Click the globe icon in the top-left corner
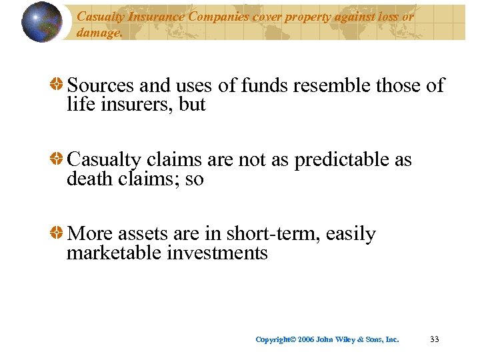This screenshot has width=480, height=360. click(41, 22)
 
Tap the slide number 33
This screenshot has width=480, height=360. click(435, 339)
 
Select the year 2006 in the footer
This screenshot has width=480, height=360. click(306, 339)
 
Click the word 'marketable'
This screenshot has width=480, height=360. click(114, 253)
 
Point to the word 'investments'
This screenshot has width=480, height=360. click(217, 253)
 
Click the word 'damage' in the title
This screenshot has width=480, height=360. click(98, 32)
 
